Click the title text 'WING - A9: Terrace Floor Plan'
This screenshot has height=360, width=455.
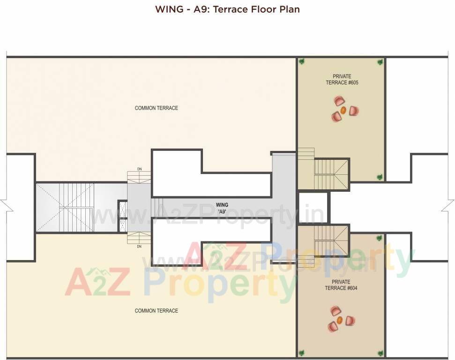(x=227, y=9)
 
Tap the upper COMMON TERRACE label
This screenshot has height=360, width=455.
(x=156, y=108)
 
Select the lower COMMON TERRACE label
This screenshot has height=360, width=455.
(x=156, y=311)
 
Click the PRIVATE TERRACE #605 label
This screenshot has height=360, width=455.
(x=342, y=80)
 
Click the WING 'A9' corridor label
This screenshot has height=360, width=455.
(x=222, y=208)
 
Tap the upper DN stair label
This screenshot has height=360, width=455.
(x=139, y=169)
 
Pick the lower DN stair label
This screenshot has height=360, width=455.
(x=139, y=247)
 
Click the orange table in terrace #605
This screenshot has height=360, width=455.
(x=343, y=111)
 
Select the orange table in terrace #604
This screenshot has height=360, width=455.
(x=340, y=321)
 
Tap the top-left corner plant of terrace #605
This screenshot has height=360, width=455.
(x=302, y=61)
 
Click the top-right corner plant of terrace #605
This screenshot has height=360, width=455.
(x=380, y=61)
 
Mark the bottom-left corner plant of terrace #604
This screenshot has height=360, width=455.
(x=302, y=352)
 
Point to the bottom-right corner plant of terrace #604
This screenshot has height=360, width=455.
(x=380, y=352)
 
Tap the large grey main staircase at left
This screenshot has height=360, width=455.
(x=76, y=207)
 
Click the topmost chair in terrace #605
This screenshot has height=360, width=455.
(x=339, y=101)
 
